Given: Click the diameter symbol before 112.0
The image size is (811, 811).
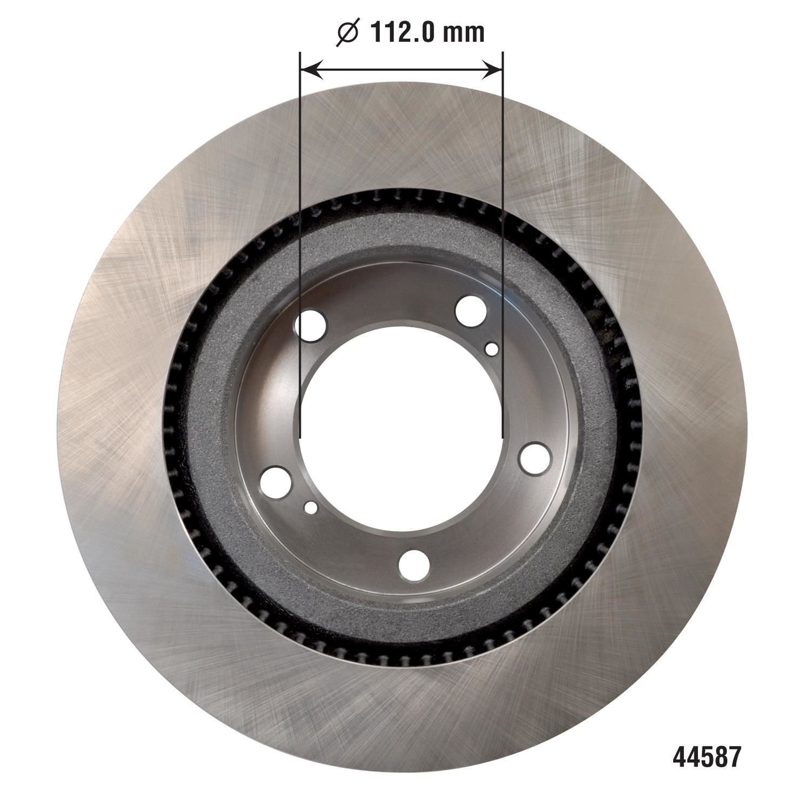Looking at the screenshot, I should tap(348, 34).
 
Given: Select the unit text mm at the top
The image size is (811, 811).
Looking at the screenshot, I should tap(464, 34).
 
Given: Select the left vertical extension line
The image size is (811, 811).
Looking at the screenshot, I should tap(300, 243).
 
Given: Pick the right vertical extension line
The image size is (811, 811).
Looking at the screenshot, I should tap(503, 243).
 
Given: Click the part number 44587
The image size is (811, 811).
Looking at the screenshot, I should tap(706, 757).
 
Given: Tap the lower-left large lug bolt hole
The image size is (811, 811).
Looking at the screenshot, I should tap(276, 481).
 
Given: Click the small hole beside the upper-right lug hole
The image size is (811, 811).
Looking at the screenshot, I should tap(491, 349).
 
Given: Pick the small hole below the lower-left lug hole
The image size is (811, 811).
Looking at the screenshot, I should tap(311, 507).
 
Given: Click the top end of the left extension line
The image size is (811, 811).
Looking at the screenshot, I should tap(300, 53).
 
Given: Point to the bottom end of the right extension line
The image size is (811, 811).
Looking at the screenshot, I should tap(503, 437).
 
